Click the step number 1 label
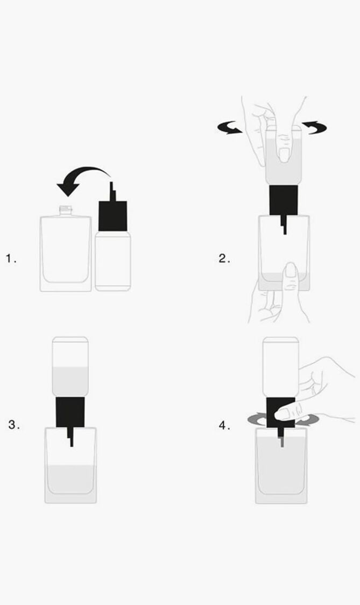pos(11,258)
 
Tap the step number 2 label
pos(224,258)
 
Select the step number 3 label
pos(14,425)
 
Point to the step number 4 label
pos(224,426)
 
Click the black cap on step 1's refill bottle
pos(113,216)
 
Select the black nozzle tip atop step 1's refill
pos(112,191)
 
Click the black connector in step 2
pos(284,200)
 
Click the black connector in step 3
pos(70,412)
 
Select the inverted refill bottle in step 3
pos(70,367)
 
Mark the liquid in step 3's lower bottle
pos(70,480)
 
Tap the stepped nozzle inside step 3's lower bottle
pos(70,437)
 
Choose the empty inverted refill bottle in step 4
pos(281,367)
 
